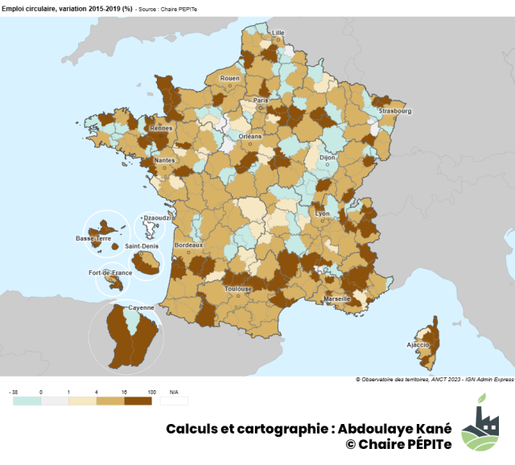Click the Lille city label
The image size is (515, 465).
(x=278, y=33)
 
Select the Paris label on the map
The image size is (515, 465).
(x=261, y=101)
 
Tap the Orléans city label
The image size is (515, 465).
(x=250, y=136)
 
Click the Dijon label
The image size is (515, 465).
(x=328, y=158)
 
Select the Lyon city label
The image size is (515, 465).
(x=323, y=214)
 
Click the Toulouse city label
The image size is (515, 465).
(x=239, y=289)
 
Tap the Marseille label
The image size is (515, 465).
(x=337, y=298)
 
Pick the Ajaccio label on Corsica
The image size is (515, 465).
(x=418, y=344)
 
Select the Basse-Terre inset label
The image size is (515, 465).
(x=93, y=239)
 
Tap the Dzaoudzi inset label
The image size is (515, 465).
(x=154, y=217)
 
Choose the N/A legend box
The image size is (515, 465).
(x=174, y=400)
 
